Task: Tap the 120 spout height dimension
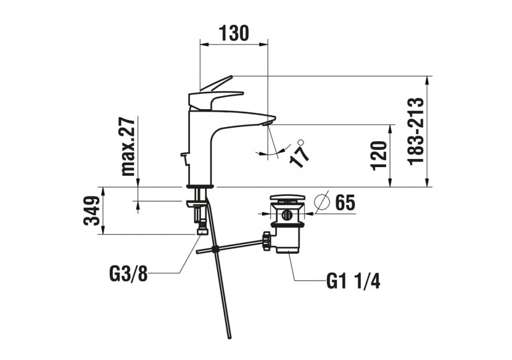coord(380,155)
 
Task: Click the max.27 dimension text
coord(127,146)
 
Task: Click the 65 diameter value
coord(345,202)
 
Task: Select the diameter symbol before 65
coord(323,202)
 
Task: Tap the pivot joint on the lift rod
coord(215,249)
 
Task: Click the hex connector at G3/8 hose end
coord(201,229)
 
